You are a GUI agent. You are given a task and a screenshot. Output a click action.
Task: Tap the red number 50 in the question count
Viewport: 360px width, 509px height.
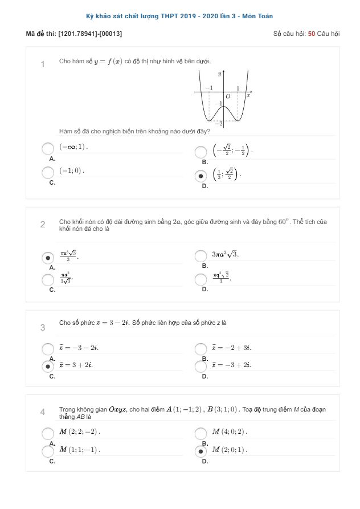tap(311, 34)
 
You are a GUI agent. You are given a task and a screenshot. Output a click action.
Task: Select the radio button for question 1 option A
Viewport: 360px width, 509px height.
tap(48, 149)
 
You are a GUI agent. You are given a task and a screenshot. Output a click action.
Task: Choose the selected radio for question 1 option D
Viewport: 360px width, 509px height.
tap(201, 176)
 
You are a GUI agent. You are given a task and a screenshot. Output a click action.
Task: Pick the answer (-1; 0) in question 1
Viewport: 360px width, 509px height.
tap(72, 170)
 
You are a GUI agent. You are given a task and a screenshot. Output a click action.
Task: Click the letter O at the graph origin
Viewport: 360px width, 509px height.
tap(228, 96)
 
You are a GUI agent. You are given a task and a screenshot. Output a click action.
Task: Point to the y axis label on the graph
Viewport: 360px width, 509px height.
tap(220, 75)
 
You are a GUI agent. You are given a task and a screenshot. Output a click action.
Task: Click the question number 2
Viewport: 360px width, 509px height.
tap(43, 225)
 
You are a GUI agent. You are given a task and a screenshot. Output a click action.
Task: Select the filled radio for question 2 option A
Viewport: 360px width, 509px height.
tap(48, 258)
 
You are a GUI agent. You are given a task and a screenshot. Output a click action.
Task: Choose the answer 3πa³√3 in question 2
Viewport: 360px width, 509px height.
tap(225, 254)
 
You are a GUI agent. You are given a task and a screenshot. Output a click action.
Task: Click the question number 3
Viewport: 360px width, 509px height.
tap(43, 327)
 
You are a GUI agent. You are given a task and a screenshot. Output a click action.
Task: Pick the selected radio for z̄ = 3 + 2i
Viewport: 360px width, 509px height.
tap(48, 366)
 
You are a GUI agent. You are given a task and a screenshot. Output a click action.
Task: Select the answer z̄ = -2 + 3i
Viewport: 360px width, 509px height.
tap(231, 347)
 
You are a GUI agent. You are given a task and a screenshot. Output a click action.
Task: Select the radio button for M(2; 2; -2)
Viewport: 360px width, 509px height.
tap(48, 433)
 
